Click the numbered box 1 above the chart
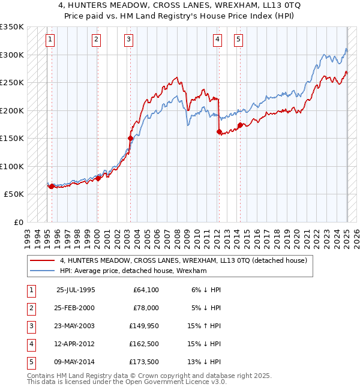(50, 40)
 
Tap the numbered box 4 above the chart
(217, 40)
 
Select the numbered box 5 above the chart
(238, 40)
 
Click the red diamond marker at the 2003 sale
(130, 138)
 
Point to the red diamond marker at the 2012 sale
(219, 132)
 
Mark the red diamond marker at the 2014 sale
(240, 125)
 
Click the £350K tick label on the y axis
(12, 27)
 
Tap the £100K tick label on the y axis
(12, 166)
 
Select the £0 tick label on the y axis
(18, 222)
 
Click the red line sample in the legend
(43, 260)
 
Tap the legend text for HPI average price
(133, 271)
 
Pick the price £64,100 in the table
(146, 290)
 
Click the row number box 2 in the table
(30, 308)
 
